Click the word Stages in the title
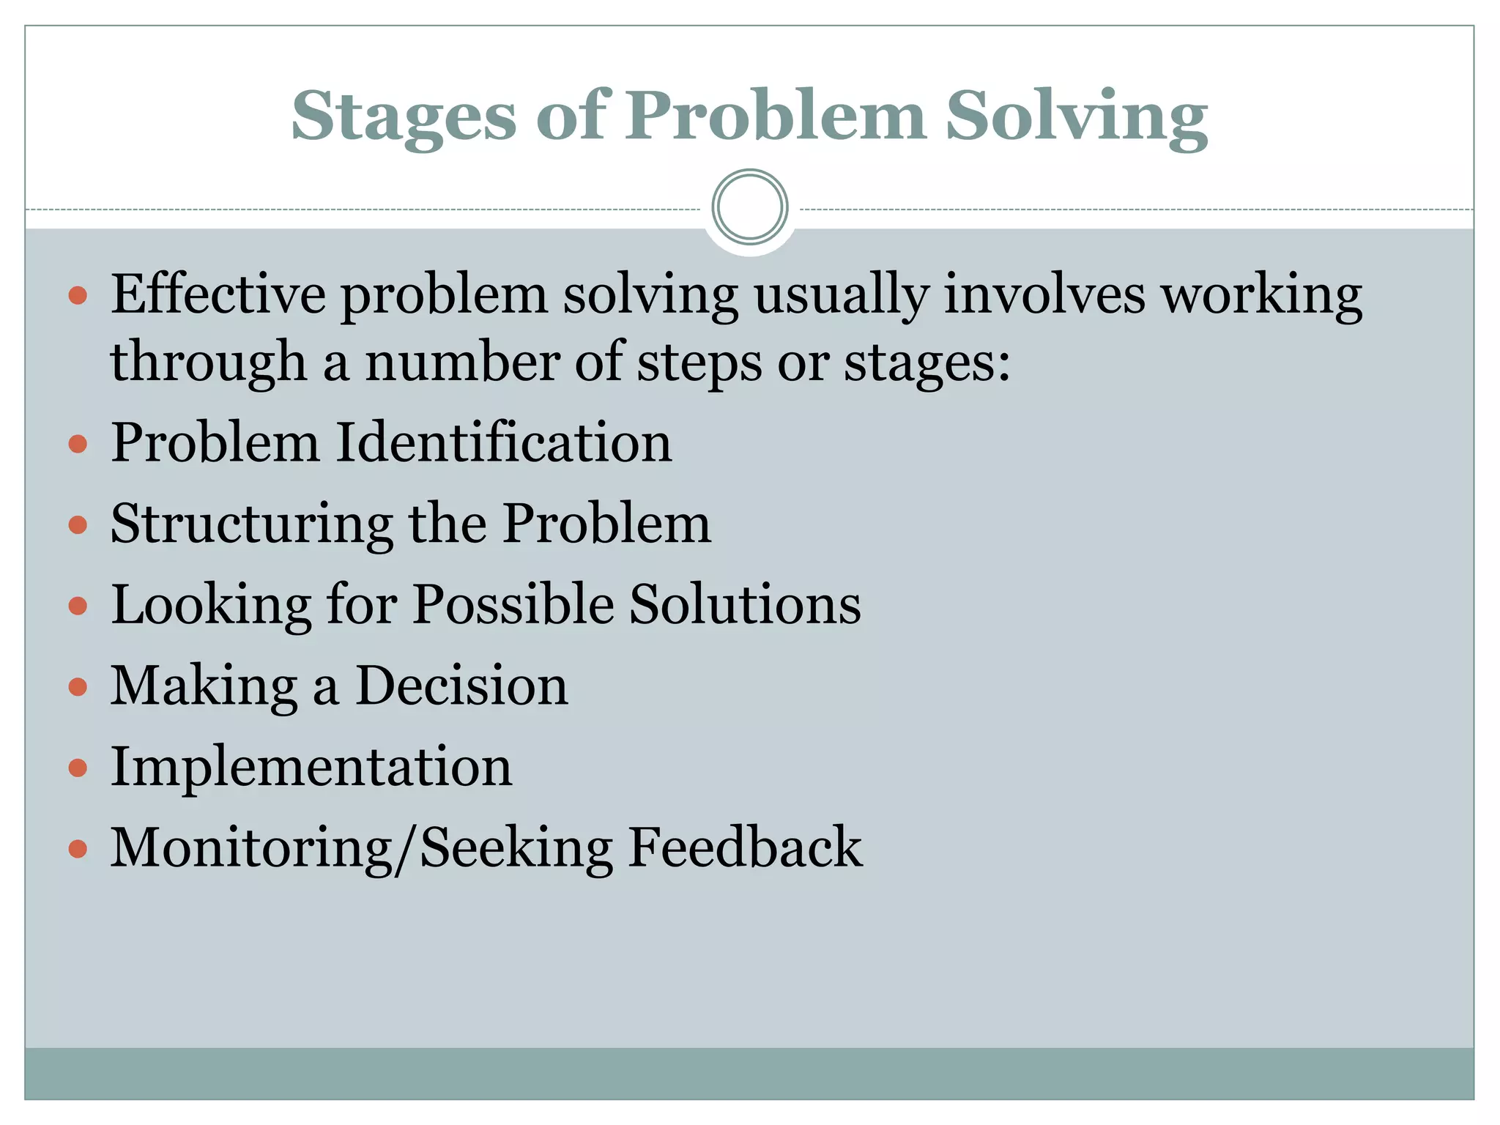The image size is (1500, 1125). pos(404,117)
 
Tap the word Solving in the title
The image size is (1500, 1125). pos(1076,117)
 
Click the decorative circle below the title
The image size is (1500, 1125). pos(749,207)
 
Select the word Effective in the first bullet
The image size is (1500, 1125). pos(218,294)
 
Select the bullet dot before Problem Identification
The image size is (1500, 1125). pos(78,445)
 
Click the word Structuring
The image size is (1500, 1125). pos(252,524)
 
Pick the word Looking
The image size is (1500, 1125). pos(211,606)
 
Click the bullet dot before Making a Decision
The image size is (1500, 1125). pos(78,688)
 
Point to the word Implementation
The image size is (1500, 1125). pos(311,767)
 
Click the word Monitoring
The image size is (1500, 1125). pos(251,848)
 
